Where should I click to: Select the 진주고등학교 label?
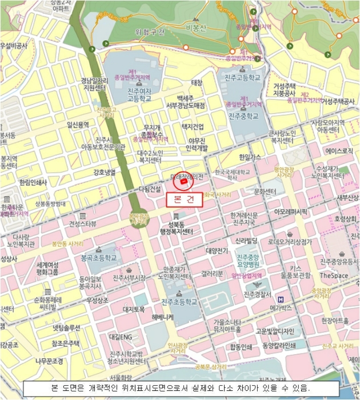click(x=246, y=77)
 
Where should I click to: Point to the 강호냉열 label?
click(x=104, y=172)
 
